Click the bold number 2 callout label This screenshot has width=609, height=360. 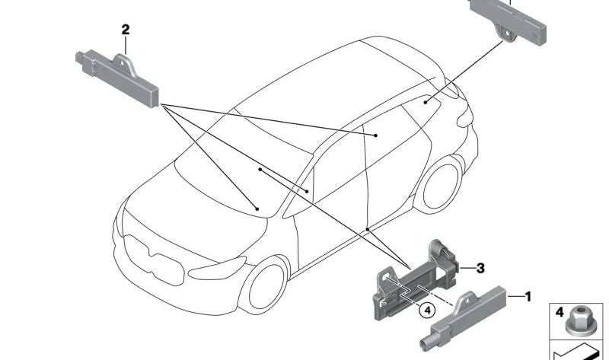125,30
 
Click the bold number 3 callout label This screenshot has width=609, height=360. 480,268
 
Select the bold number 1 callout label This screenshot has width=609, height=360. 528,297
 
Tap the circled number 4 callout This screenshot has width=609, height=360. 427,311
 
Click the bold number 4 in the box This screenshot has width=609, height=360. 560,312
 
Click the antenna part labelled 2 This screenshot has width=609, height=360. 117,78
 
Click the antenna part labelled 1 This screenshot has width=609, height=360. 462,317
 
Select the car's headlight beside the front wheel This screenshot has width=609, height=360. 217,268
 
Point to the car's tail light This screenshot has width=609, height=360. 465,116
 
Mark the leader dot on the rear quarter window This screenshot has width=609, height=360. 426,102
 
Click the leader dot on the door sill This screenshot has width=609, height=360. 368,230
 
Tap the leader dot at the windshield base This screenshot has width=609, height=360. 257,209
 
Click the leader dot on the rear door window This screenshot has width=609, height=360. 376,135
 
